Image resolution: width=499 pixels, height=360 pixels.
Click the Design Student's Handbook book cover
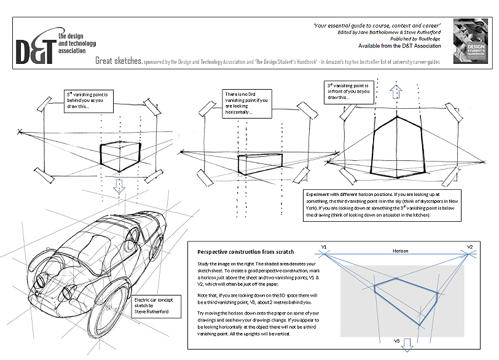click(x=469, y=39)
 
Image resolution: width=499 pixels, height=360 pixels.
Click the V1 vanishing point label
click(x=324, y=247)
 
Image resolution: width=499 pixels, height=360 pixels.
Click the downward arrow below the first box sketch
click(x=120, y=186)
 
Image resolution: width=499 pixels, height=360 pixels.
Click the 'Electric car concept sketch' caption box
click(x=154, y=307)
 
